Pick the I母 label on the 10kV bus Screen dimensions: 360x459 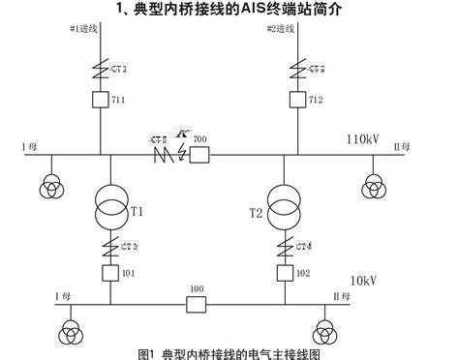(x=36, y=296)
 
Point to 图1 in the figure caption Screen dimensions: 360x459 (x=147, y=351)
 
